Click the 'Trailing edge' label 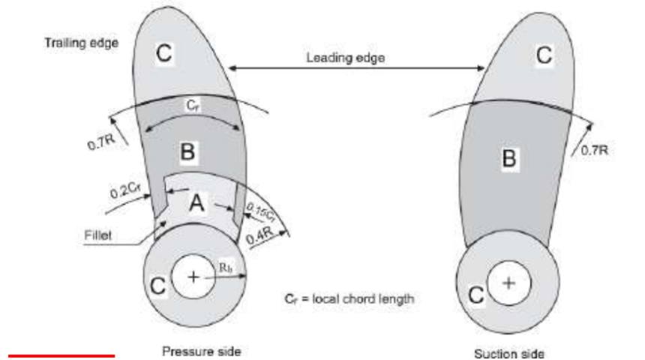pos(82,43)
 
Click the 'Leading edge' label pos(346,58)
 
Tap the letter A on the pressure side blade pos(196,203)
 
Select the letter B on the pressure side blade pos(187,151)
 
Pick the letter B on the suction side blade pos(508,158)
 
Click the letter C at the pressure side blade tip pos(163,52)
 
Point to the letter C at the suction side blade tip pos(544,55)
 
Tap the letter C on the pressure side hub pos(157,286)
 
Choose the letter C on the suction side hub pos(476,295)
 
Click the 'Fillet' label pos(98,235)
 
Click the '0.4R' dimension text pos(260,235)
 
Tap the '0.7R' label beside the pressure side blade pos(101,142)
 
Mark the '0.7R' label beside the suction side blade pos(595,150)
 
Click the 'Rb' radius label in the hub pos(226,268)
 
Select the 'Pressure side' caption pos(201,351)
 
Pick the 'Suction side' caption pos(509,354)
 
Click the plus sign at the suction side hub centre pos(508,283)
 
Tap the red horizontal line pos(61,355)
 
